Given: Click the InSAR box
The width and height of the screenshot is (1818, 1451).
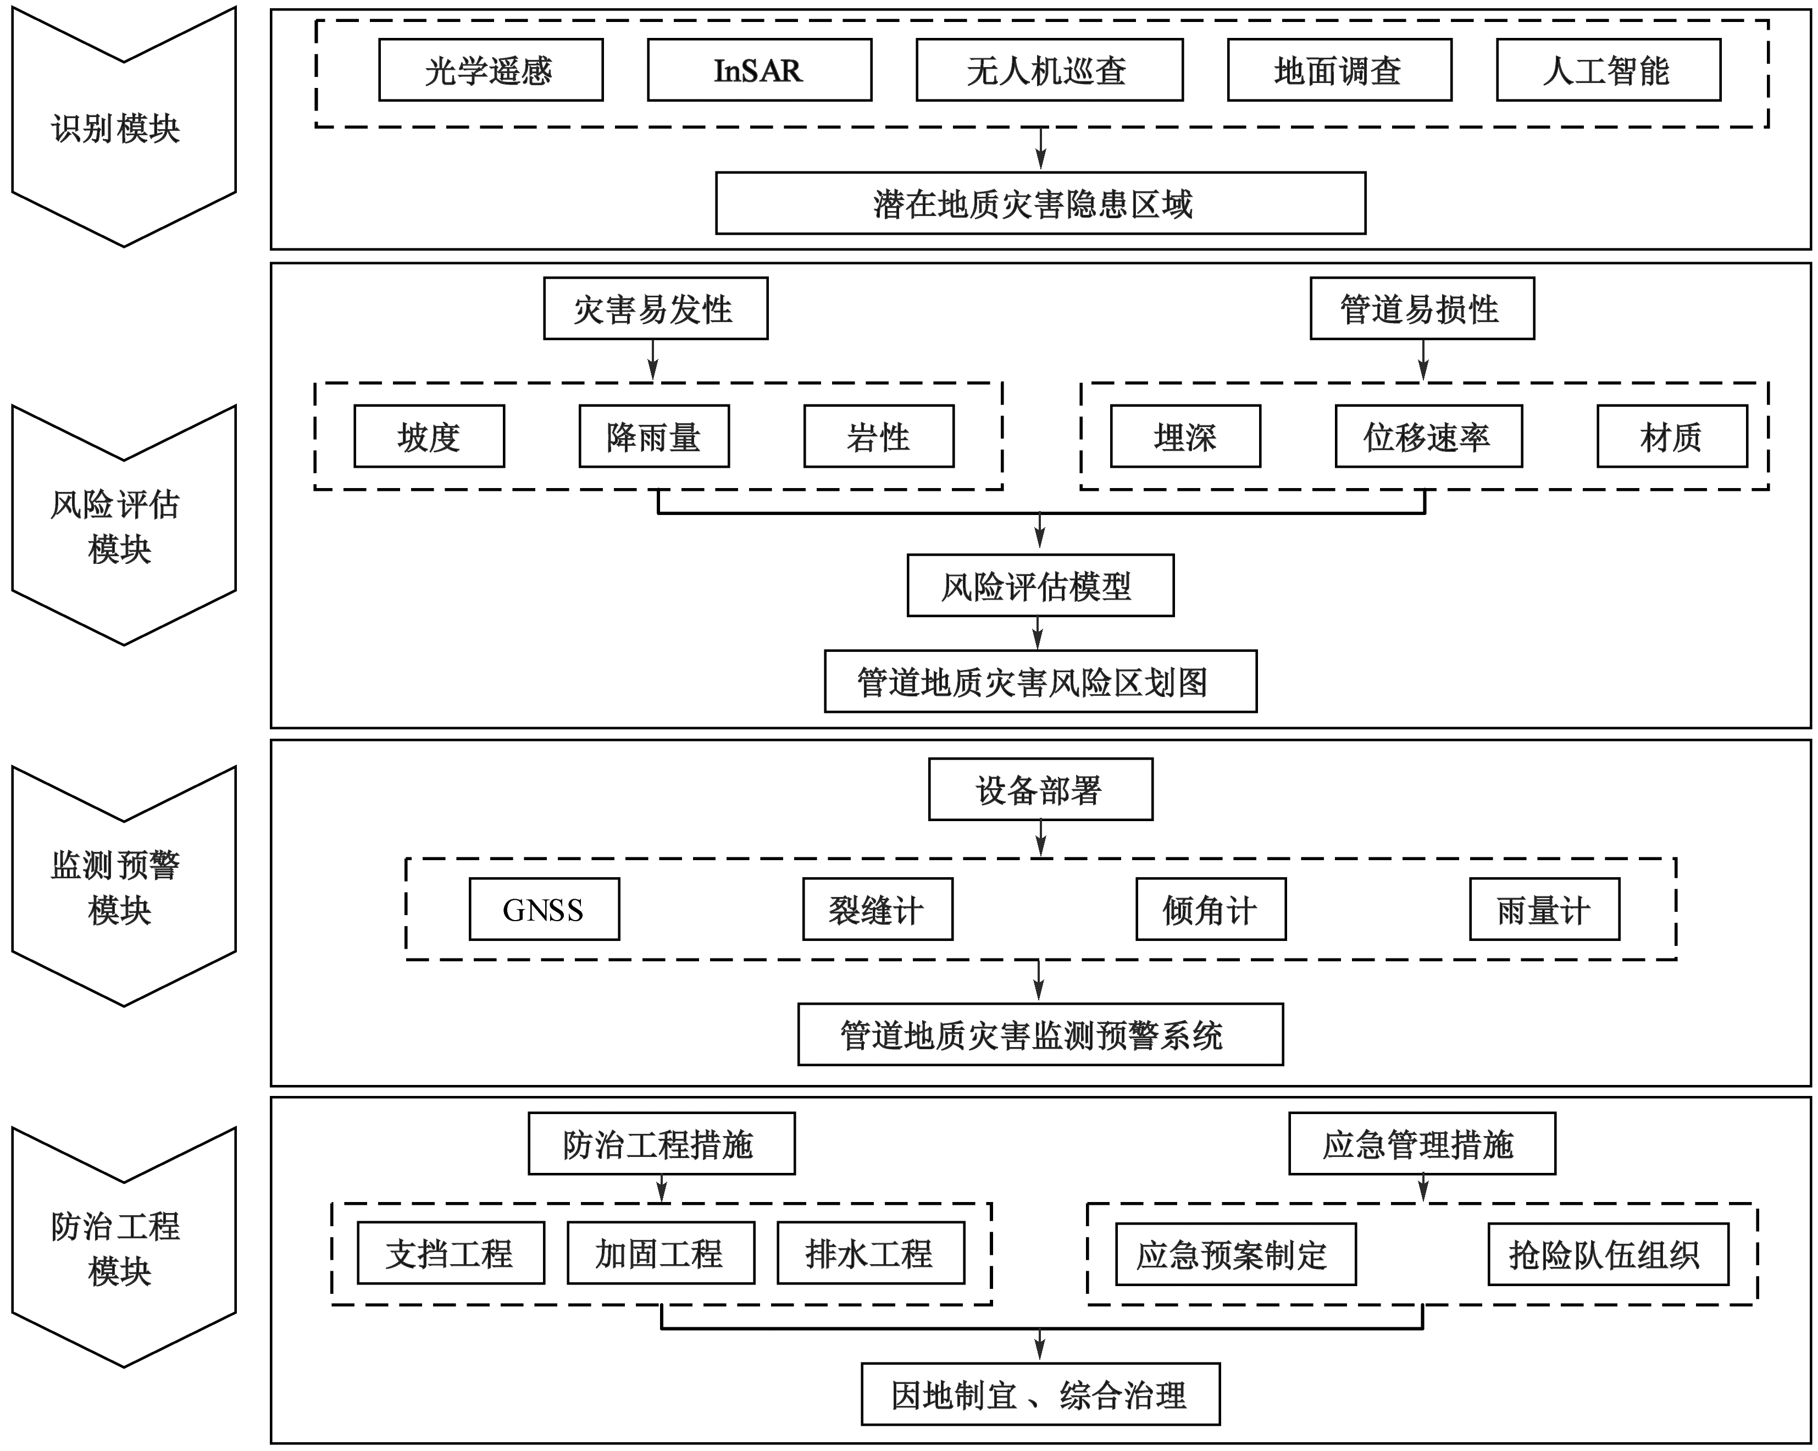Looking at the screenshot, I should click(x=759, y=70).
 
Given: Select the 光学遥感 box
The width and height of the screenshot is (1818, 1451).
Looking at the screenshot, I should click(x=490, y=70).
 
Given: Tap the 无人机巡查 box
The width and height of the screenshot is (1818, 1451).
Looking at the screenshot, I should click(x=1049, y=70).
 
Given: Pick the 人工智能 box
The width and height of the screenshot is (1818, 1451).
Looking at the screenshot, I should click(x=1608, y=70).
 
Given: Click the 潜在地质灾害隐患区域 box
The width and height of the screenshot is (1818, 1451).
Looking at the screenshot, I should click(x=1040, y=203).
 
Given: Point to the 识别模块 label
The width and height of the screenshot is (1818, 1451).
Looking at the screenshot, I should click(x=115, y=129).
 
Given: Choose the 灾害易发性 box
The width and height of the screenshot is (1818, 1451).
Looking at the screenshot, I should click(x=655, y=308).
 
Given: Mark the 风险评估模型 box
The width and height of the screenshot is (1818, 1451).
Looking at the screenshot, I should click(x=1040, y=585).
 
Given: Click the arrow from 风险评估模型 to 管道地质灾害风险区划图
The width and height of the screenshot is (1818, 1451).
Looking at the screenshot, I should click(x=1038, y=632).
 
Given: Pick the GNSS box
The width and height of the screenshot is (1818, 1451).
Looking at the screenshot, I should click(x=544, y=909).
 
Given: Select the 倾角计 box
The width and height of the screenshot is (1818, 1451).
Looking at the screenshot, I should click(x=1211, y=909).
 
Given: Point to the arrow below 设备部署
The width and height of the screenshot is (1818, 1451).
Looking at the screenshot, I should click(x=1041, y=838).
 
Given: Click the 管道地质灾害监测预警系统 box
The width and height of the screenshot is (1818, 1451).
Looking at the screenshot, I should click(x=1040, y=1034).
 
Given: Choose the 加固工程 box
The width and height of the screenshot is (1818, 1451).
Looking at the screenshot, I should click(x=660, y=1254).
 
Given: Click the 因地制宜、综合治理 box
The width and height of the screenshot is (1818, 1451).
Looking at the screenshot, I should click(x=1040, y=1394).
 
